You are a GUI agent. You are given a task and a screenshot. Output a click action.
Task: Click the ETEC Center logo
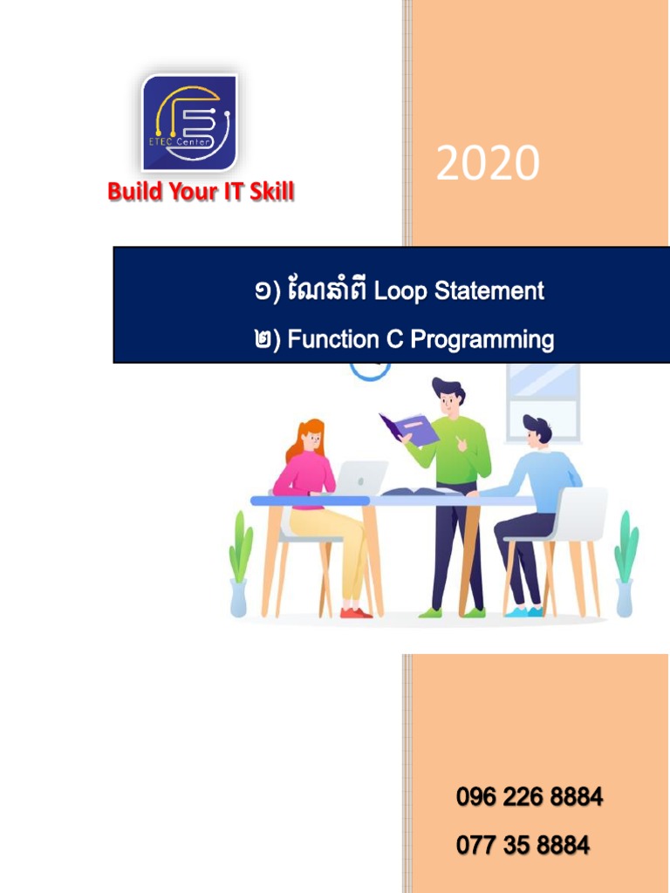(x=189, y=123)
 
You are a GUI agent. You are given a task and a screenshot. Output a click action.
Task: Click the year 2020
(x=488, y=163)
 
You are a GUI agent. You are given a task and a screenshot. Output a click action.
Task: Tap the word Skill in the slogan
(x=271, y=191)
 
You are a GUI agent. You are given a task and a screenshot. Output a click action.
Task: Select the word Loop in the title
(x=400, y=291)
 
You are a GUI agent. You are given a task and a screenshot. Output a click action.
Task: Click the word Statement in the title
(x=489, y=290)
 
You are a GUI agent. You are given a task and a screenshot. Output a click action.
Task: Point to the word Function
(x=333, y=339)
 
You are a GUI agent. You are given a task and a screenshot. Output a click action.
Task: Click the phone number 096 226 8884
(x=530, y=796)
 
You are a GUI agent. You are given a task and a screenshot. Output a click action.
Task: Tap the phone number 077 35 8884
(x=523, y=844)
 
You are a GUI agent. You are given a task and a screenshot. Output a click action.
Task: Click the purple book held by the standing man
(x=408, y=429)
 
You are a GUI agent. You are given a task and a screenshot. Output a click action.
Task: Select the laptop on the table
(x=361, y=478)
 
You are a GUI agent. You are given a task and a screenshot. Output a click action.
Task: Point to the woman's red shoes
(x=356, y=613)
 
